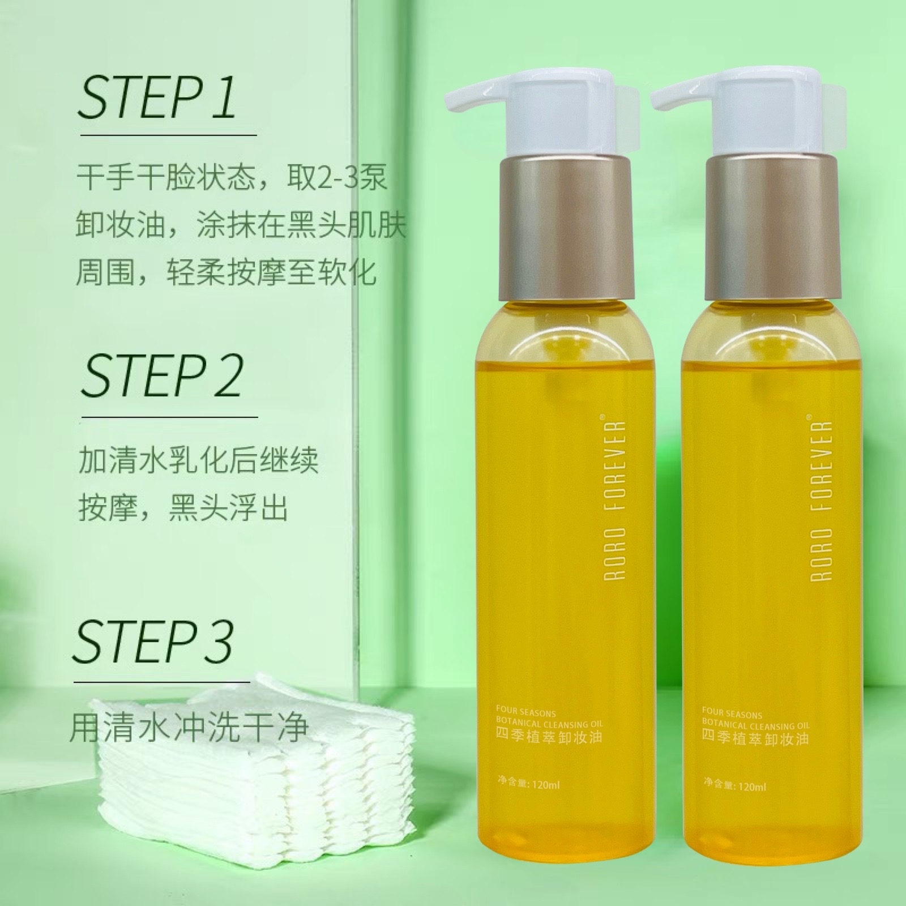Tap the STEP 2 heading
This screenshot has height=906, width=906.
pyautogui.click(x=161, y=375)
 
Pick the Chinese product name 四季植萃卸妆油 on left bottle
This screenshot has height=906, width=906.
pyautogui.click(x=538, y=737)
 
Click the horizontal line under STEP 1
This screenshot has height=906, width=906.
pyautogui.click(x=168, y=135)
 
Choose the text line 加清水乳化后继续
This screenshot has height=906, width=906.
pyautogui.click(x=198, y=461)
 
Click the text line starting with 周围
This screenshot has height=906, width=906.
pyautogui.click(x=226, y=272)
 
